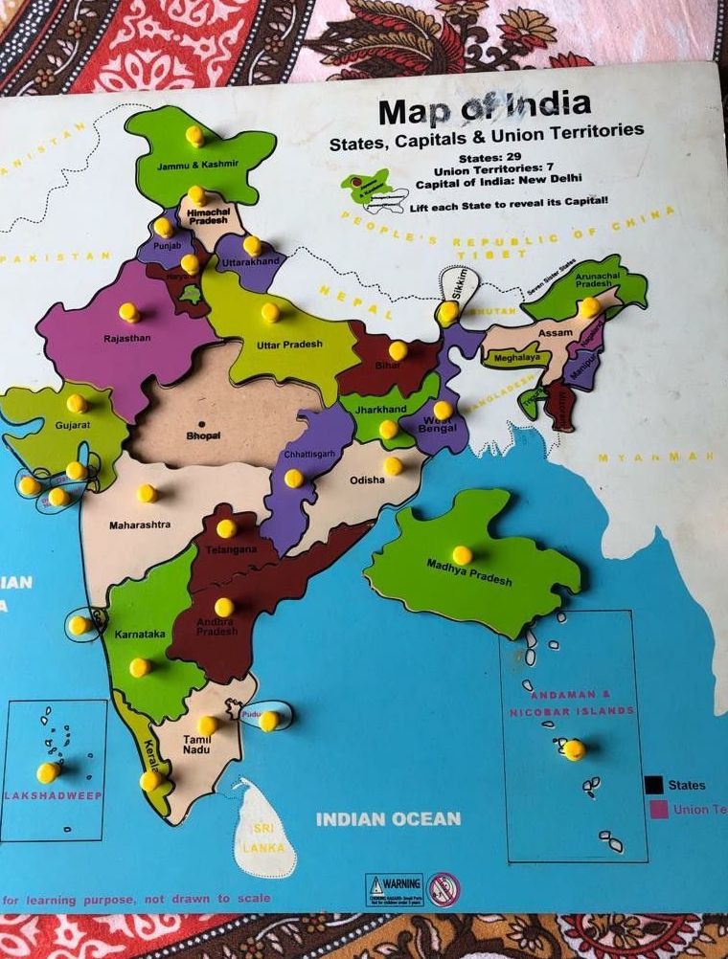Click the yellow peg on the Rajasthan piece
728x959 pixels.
pyautogui.click(x=128, y=312)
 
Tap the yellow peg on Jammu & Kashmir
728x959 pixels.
pyautogui.click(x=194, y=135)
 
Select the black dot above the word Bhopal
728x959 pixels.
pyautogui.click(x=202, y=423)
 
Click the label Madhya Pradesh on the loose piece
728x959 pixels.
pyautogui.click(x=469, y=571)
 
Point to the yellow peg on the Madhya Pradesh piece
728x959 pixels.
pyautogui.click(x=462, y=554)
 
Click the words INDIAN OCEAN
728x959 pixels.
pyautogui.click(x=388, y=819)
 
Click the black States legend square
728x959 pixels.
pyautogui.click(x=654, y=785)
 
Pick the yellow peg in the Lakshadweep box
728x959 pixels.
pyautogui.click(x=47, y=770)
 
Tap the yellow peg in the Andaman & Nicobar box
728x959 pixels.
pyautogui.click(x=573, y=749)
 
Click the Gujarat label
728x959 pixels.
pyautogui.click(x=72, y=423)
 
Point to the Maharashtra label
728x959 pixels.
pyautogui.click(x=140, y=524)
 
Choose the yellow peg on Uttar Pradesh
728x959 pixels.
pyautogui.click(x=270, y=312)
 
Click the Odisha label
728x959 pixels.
pyautogui.click(x=367, y=480)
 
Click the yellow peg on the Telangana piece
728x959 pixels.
pyautogui.click(x=226, y=527)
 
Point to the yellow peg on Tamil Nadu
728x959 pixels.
pyautogui.click(x=207, y=725)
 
